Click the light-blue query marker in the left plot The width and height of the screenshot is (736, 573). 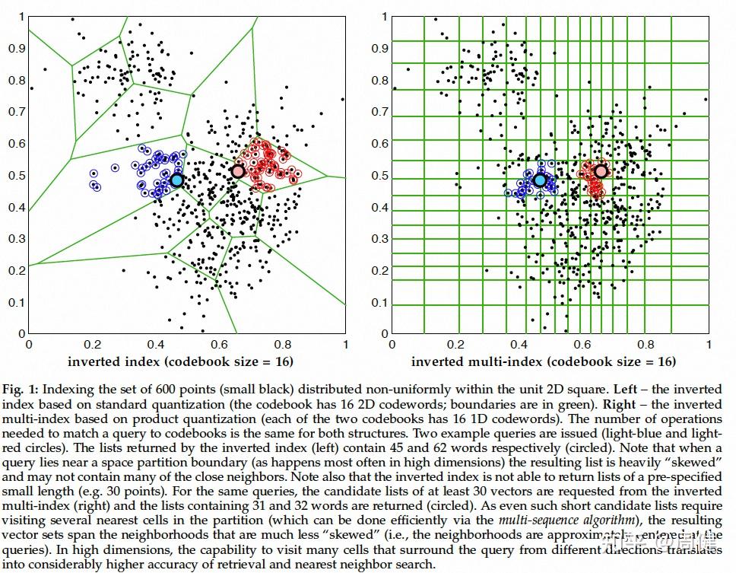click(176, 180)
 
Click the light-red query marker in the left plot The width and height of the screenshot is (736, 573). click(238, 171)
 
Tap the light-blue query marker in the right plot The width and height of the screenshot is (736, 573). click(540, 180)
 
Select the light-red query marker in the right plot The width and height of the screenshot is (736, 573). click(601, 171)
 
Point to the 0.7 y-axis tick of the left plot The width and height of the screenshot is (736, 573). click(14, 112)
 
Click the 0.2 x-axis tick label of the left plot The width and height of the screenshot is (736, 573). click(92, 344)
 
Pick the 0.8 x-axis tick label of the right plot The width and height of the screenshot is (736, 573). click(645, 344)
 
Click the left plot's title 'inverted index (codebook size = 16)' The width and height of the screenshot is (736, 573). click(180, 361)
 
